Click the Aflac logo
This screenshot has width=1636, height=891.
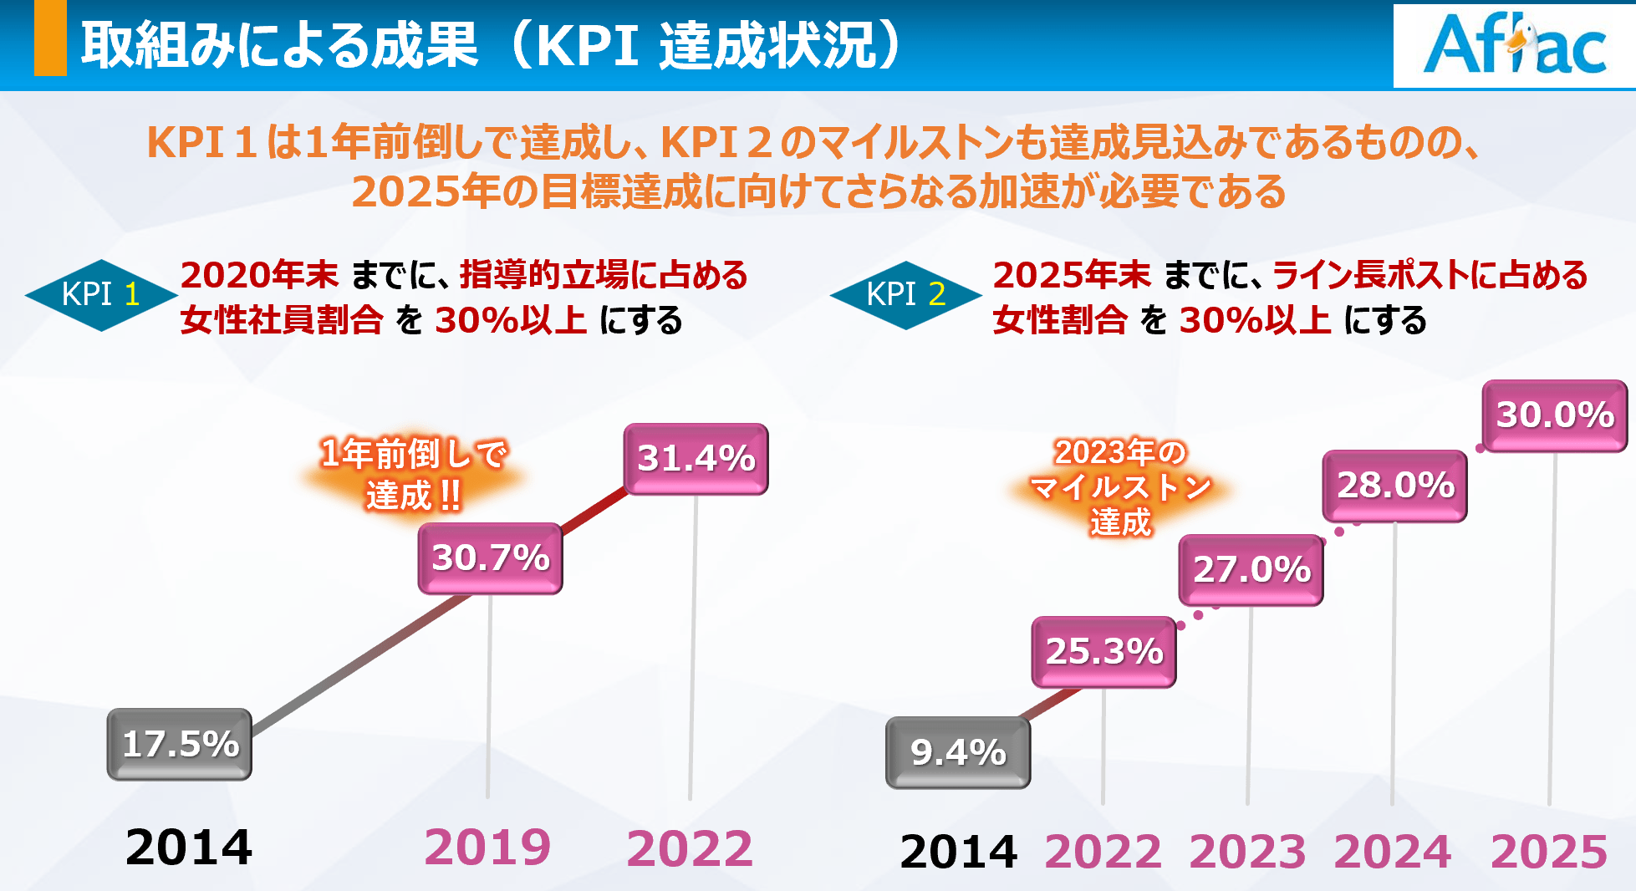click(x=1514, y=46)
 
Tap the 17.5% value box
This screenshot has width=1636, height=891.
click(x=180, y=744)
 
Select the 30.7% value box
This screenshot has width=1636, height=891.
click(x=490, y=558)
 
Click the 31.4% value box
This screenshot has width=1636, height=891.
click(x=696, y=459)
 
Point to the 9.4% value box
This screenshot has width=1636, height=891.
click(x=958, y=752)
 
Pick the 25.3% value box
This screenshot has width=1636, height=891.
click(x=1103, y=652)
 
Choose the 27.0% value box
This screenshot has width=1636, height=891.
click(x=1251, y=570)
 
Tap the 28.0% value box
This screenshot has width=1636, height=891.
click(x=1394, y=486)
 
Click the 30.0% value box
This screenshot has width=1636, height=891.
click(x=1554, y=415)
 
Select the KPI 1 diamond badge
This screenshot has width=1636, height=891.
click(x=101, y=295)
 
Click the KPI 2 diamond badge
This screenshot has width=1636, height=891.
click(x=905, y=295)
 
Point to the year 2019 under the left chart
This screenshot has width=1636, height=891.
click(x=487, y=848)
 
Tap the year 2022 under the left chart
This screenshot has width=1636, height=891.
click(x=690, y=848)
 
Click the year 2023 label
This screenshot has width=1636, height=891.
click(x=1247, y=852)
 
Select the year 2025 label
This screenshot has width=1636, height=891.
click(x=1549, y=852)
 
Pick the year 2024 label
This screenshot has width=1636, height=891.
click(x=1392, y=852)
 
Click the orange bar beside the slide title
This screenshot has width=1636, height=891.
click(x=50, y=38)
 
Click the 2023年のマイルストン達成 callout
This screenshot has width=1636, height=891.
click(x=1120, y=487)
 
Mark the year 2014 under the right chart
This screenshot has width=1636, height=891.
click(x=958, y=852)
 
